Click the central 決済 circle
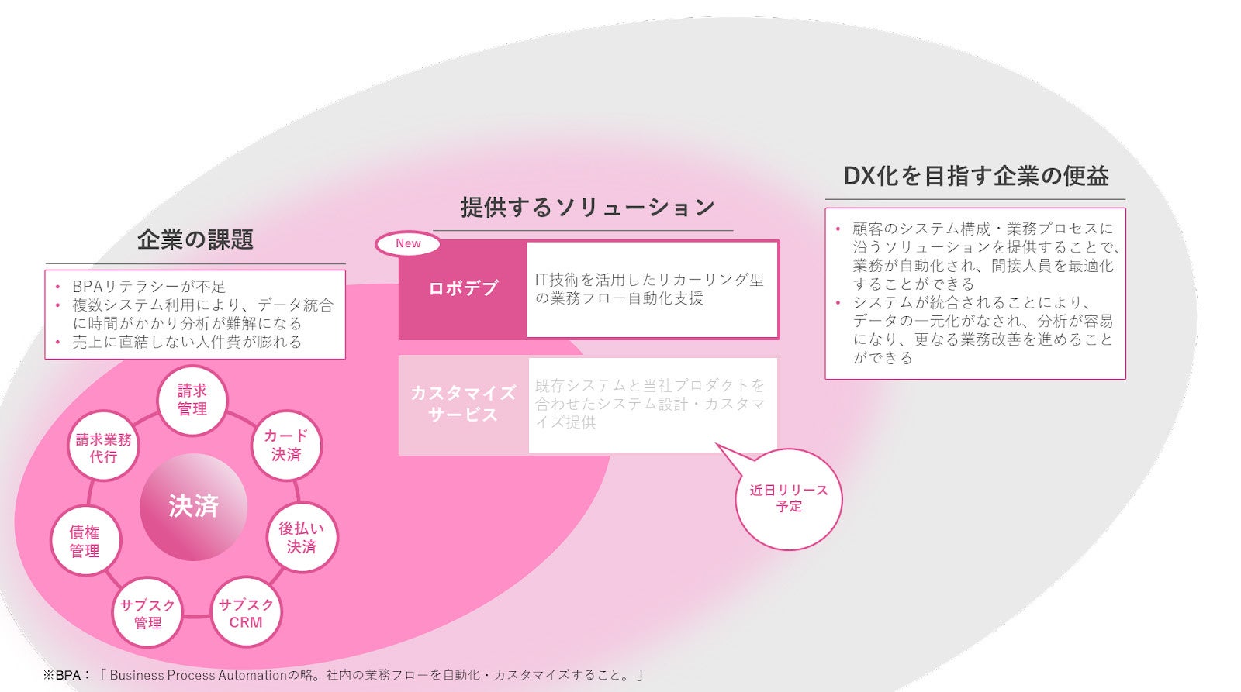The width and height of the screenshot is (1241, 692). click(193, 507)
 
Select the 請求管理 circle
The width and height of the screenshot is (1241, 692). click(192, 400)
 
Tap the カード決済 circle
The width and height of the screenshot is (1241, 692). click(286, 446)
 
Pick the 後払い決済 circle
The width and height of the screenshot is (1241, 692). click(302, 537)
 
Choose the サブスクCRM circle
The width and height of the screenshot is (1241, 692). click(246, 613)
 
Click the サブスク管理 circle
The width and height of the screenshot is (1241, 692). click(147, 613)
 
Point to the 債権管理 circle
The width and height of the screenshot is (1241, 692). click(85, 541)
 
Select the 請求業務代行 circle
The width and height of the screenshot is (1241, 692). click(103, 447)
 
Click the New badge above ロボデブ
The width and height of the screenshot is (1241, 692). click(408, 243)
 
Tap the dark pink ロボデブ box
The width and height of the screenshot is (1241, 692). click(463, 288)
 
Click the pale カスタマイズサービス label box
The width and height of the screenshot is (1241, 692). click(463, 404)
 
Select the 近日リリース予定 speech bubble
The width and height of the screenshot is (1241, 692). click(789, 498)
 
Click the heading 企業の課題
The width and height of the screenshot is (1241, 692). click(195, 239)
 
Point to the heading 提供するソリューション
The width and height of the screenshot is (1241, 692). click(587, 208)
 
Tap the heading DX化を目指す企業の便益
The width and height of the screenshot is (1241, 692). click(976, 176)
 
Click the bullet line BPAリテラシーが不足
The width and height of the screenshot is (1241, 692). click(148, 286)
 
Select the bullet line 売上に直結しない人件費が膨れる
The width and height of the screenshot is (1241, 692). click(186, 342)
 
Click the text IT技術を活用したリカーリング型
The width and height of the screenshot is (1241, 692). click(649, 280)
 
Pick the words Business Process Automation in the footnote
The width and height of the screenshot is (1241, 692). click(199, 675)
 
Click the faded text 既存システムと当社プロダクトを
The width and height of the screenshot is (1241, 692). click(649, 385)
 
